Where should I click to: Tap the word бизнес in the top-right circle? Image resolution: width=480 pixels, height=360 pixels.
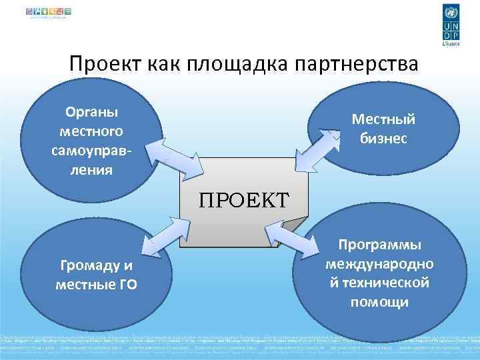tap(383, 139)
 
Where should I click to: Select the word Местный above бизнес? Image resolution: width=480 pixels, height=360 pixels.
tap(383, 119)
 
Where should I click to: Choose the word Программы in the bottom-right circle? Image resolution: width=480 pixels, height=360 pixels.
tap(379, 245)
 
